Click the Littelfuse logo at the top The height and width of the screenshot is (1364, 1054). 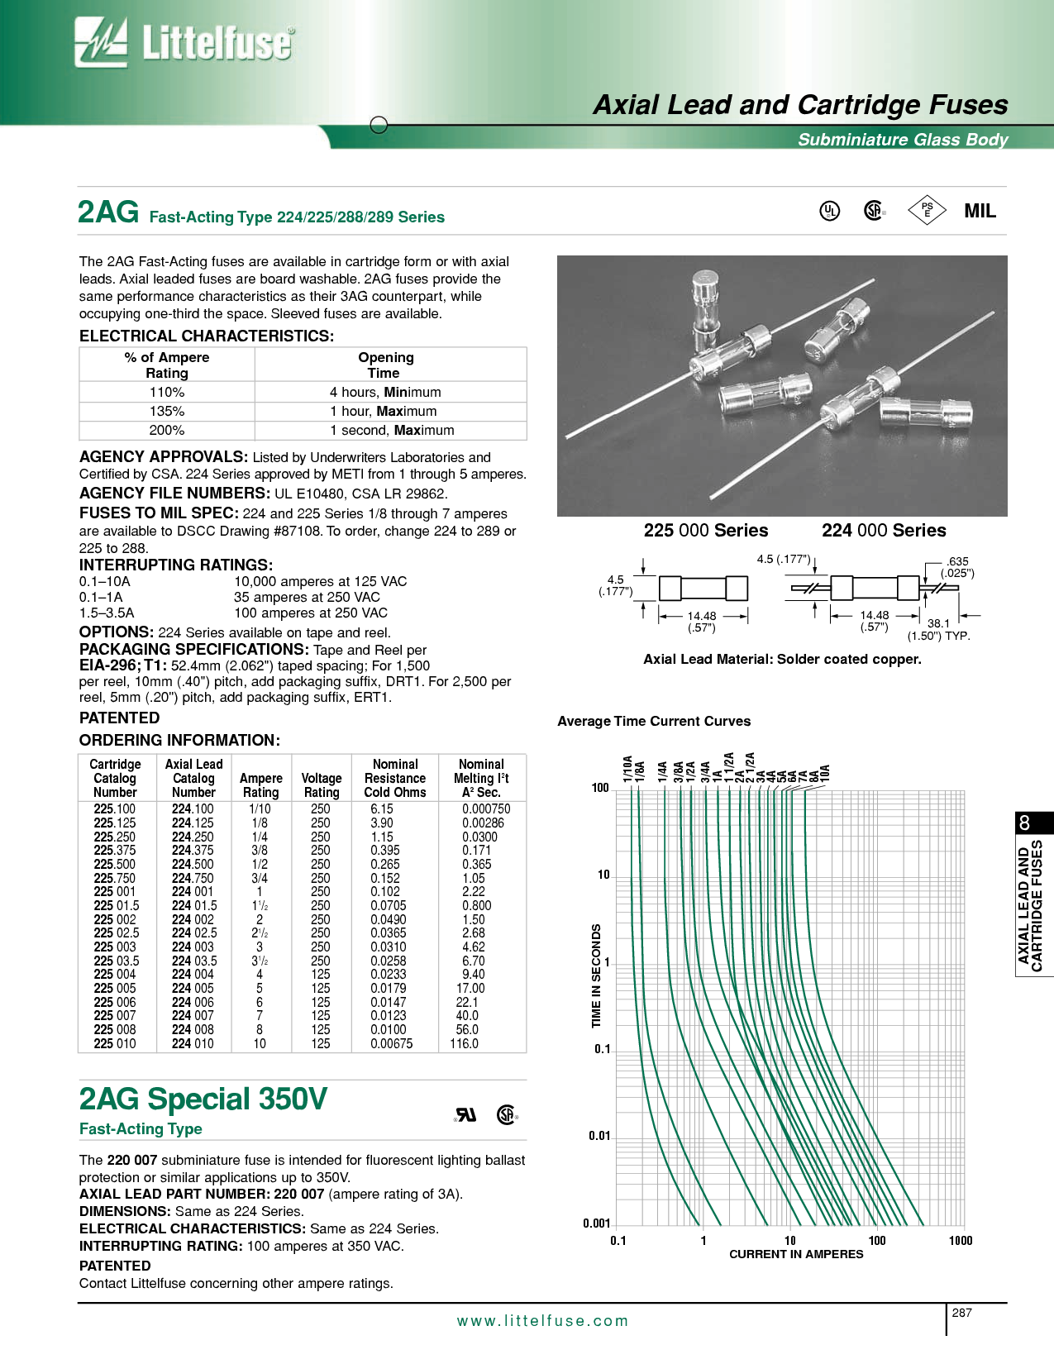click(184, 42)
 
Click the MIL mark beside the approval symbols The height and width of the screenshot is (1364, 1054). click(980, 211)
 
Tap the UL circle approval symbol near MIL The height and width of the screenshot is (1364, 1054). click(829, 211)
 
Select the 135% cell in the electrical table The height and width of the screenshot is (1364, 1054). click(167, 411)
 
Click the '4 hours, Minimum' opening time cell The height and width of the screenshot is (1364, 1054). click(385, 392)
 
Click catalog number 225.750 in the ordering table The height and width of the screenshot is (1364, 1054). click(115, 878)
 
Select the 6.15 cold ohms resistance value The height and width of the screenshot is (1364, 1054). click(382, 808)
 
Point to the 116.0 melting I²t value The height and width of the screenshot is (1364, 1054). click(465, 1043)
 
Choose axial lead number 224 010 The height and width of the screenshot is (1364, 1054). click(193, 1043)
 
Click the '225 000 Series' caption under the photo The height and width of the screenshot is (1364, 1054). click(706, 531)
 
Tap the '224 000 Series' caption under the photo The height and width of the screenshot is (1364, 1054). click(884, 531)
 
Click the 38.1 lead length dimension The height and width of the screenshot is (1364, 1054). click(938, 623)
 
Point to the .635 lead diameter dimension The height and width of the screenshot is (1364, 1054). click(957, 561)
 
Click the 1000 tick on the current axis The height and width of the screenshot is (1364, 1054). click(961, 1240)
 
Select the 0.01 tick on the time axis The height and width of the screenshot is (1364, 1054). click(599, 1136)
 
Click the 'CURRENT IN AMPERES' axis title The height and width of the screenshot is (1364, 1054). click(796, 1254)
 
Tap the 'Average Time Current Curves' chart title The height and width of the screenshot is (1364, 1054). click(654, 721)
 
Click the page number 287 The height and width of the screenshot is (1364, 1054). click(962, 1313)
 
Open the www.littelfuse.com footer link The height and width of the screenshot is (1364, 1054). click(542, 1321)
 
